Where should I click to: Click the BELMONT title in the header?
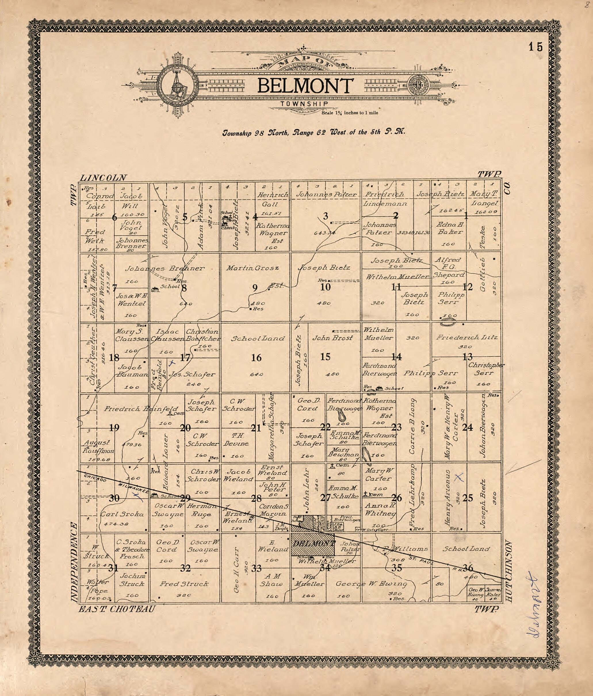tap(305, 86)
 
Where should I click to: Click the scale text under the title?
tap(350, 113)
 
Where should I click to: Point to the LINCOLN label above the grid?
tap(104, 178)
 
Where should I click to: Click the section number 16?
tap(256, 358)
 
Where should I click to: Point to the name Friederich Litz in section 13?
tap(466, 338)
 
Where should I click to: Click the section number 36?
tap(468, 568)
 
